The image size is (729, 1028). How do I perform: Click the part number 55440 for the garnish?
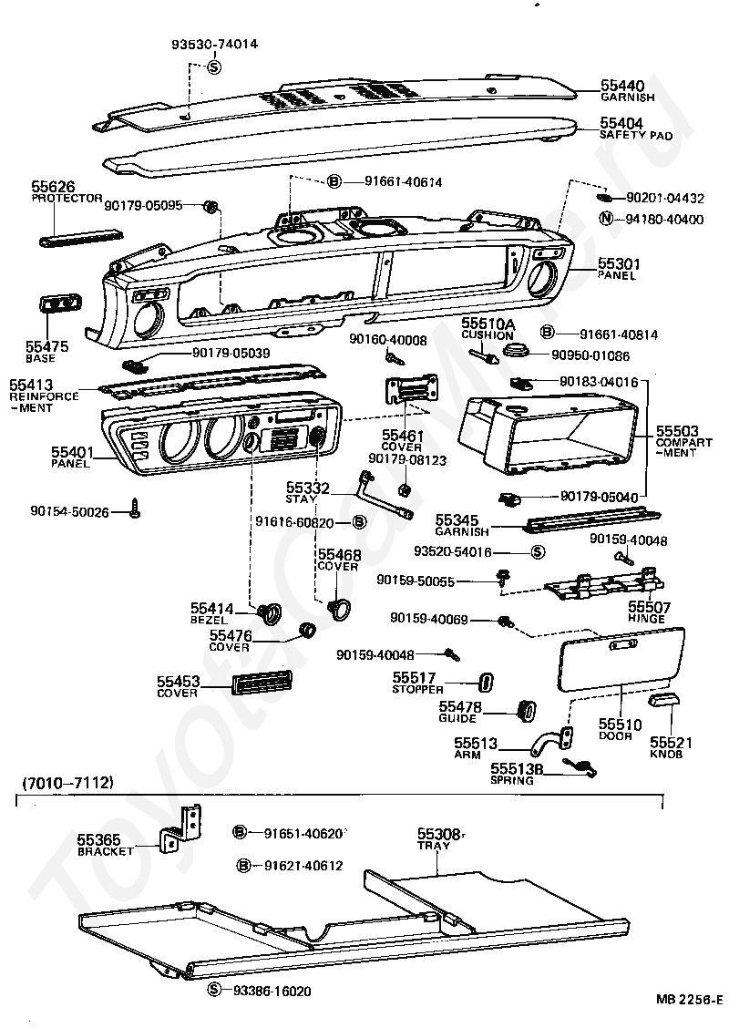(x=622, y=86)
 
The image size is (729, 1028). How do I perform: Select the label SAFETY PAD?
(x=636, y=135)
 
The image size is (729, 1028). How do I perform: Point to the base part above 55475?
(x=60, y=305)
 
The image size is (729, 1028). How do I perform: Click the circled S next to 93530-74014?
(x=214, y=67)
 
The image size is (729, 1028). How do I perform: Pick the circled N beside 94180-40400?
(x=606, y=219)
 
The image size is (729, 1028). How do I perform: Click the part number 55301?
(x=619, y=263)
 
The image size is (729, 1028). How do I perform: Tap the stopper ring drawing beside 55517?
(x=486, y=682)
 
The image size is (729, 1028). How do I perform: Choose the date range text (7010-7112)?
(x=68, y=782)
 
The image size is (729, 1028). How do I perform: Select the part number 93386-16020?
(x=272, y=991)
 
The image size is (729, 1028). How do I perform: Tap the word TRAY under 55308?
(x=434, y=846)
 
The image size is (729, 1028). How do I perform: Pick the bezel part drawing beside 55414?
(x=269, y=612)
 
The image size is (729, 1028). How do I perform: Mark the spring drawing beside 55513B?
(x=580, y=766)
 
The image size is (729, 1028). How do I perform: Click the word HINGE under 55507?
(x=646, y=618)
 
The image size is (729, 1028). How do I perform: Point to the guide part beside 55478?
(x=527, y=710)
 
